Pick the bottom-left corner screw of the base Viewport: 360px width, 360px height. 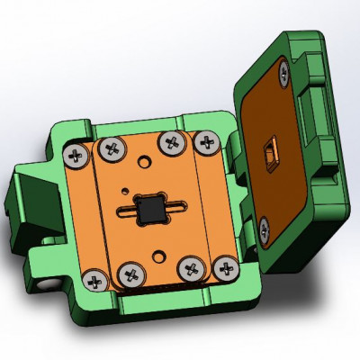click(x=94, y=280)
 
